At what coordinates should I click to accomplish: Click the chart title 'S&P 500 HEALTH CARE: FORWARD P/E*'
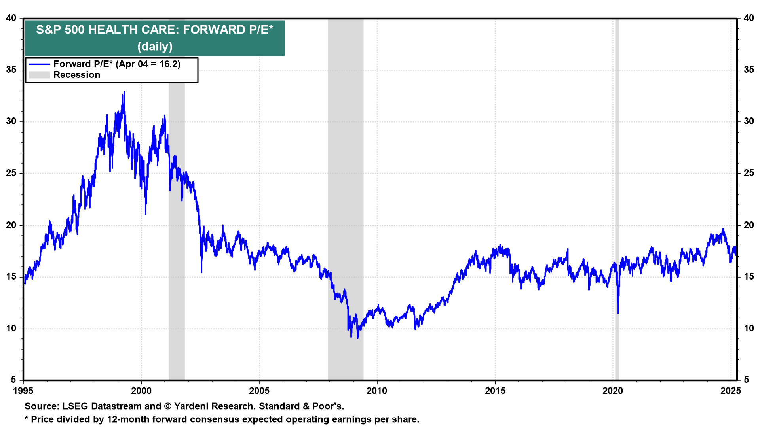pos(154,30)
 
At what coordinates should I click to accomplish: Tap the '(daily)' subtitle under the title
pos(155,47)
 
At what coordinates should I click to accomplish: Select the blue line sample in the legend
pos(39,64)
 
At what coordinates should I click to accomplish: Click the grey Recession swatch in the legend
pos(39,75)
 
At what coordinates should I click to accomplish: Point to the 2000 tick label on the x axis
pos(141,391)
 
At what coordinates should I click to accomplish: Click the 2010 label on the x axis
pos(377,391)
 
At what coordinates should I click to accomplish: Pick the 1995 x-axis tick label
pos(23,391)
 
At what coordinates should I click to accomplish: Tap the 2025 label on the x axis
pos(731,391)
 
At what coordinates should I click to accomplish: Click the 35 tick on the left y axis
pos(11,70)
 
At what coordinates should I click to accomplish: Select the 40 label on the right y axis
pos(749,18)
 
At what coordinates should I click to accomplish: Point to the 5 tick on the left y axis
pos(13,380)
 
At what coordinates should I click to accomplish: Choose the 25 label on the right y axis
pos(749,173)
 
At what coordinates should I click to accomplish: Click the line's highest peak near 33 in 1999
pos(124,92)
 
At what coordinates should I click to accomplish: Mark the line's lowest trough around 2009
pos(357,338)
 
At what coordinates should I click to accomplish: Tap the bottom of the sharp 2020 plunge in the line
pos(618,313)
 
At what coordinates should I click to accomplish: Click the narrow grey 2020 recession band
pos(617,198)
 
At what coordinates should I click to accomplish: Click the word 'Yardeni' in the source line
pos(193,406)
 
